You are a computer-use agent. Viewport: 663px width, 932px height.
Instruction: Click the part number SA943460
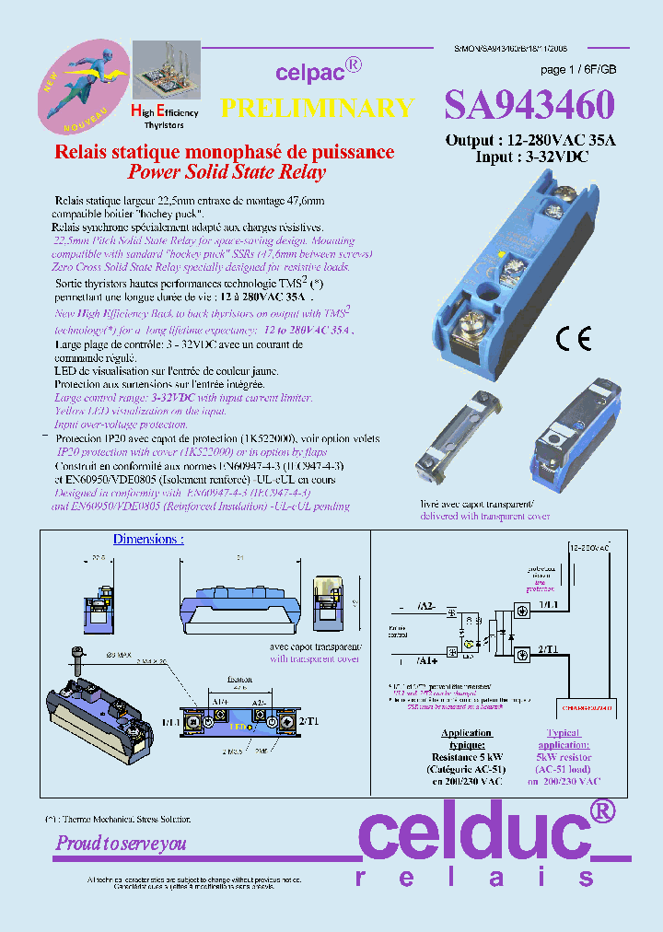(x=529, y=106)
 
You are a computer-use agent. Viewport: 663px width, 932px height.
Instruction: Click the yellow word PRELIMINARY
(x=317, y=109)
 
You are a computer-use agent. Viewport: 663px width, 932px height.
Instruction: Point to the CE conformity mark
(x=573, y=339)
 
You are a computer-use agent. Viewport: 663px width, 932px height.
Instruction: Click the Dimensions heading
(x=147, y=539)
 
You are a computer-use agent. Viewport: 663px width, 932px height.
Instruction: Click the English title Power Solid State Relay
(x=226, y=172)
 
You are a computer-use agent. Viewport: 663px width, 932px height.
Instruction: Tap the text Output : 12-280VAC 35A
(x=529, y=140)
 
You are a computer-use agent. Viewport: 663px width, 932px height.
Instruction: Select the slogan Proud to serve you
(x=121, y=843)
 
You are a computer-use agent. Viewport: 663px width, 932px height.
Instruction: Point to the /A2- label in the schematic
(x=428, y=606)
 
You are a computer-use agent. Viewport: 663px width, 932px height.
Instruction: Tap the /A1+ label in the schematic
(x=428, y=660)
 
